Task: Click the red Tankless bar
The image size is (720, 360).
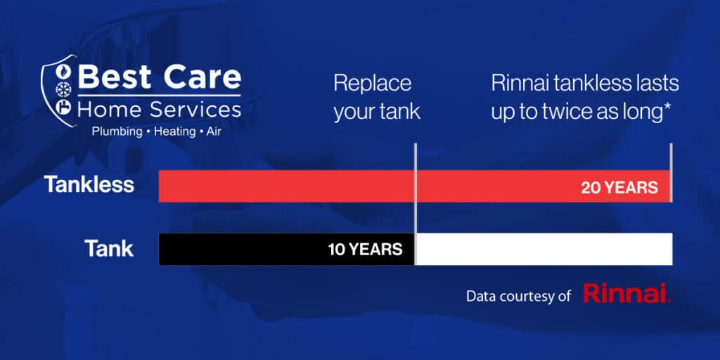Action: point(414,186)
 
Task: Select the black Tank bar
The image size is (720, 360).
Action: point(287,250)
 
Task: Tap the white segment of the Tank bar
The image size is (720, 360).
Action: point(544,250)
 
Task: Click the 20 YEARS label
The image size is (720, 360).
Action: point(619,188)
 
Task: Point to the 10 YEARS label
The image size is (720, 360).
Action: point(365,250)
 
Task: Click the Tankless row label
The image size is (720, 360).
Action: point(89,185)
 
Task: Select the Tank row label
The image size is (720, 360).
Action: point(109,248)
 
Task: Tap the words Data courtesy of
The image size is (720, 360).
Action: point(518,296)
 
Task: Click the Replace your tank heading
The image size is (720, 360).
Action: point(377,98)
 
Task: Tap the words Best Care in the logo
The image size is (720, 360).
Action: point(159,77)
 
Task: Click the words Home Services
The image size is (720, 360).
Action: point(159,110)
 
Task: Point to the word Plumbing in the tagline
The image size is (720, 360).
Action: point(117,132)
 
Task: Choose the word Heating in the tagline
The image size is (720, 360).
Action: point(174,132)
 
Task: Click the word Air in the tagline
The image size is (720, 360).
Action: point(214,131)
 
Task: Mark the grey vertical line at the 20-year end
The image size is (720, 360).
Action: point(671,173)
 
